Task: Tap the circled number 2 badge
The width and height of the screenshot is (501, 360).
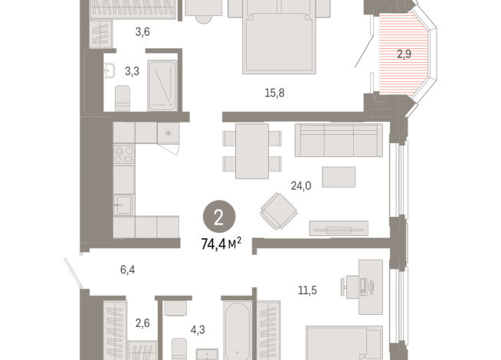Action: click(x=219, y=218)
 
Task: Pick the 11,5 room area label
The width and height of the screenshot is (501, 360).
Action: click(x=307, y=290)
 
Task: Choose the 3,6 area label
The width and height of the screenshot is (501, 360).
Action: click(x=142, y=31)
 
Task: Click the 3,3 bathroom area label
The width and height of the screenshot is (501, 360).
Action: click(x=132, y=72)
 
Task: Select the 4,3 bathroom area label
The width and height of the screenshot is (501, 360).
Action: click(x=198, y=330)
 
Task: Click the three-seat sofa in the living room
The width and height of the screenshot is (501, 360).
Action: click(x=338, y=140)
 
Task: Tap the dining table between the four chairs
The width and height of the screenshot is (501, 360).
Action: click(x=250, y=150)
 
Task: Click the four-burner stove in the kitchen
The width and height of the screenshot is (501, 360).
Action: click(x=124, y=154)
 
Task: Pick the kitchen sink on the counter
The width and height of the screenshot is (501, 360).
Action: click(x=123, y=205)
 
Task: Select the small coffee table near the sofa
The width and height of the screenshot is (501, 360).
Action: click(x=338, y=178)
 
